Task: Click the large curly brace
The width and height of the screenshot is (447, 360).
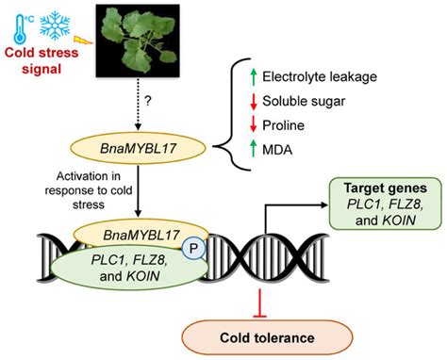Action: click(226, 114)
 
